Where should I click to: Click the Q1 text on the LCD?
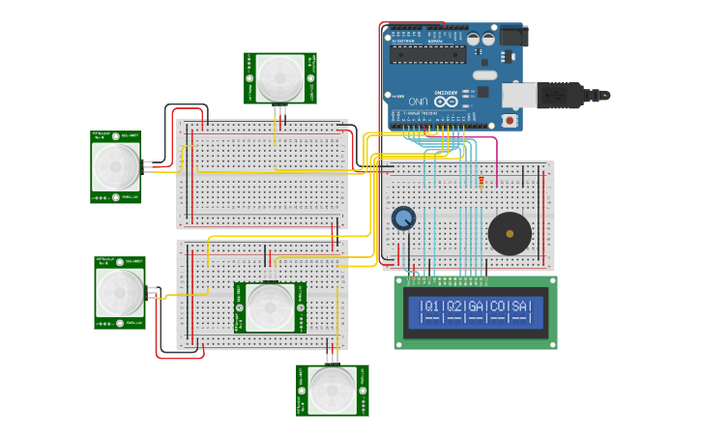(430, 307)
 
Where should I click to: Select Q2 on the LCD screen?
(453, 307)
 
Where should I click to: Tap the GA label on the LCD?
(476, 307)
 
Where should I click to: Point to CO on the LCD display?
(499, 307)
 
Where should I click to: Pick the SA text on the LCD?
(521, 307)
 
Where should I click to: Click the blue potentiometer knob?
(403, 219)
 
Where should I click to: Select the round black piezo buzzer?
(510, 233)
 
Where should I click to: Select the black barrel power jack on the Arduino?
(509, 37)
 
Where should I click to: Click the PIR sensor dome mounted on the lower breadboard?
(270, 307)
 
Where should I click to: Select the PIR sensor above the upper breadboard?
(280, 77)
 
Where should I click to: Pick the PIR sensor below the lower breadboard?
(332, 390)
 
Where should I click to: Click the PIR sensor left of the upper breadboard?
(116, 166)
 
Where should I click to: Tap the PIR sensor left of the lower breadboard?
(120, 292)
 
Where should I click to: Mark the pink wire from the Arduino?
(497, 155)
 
